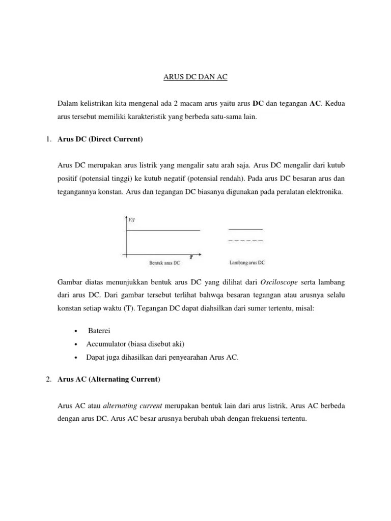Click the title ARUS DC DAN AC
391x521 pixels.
coord(195,77)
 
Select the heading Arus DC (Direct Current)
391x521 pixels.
coord(100,138)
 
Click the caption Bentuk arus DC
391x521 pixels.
coord(164,263)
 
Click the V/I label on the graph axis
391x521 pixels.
coord(131,220)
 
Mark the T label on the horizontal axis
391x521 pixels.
coord(191,256)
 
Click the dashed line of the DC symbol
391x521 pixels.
coord(245,240)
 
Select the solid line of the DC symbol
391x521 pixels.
coord(245,229)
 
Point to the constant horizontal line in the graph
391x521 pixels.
coord(163,230)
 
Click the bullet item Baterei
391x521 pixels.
coord(98,330)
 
